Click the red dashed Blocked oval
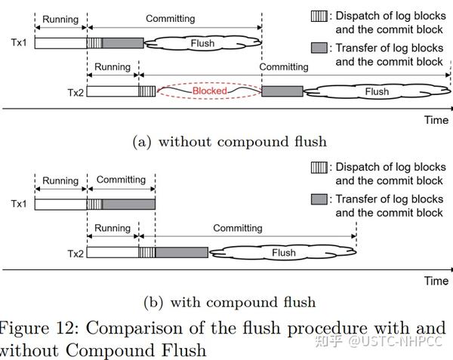tap(208, 91)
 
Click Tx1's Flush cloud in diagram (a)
tap(202, 43)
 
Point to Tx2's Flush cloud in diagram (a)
tap(376, 91)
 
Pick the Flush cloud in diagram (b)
tap(283, 253)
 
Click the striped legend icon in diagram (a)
tap(318, 14)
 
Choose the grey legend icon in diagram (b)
tap(318, 199)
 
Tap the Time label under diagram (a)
tap(436, 120)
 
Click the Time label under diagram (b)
tap(436, 281)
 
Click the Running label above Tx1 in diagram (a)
tap(60, 18)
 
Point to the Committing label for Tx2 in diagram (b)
tap(237, 228)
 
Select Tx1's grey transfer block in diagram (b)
tap(128, 204)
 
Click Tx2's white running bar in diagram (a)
tap(113, 91)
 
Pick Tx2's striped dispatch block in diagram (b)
tap(146, 253)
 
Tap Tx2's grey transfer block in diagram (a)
tap(282, 91)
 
